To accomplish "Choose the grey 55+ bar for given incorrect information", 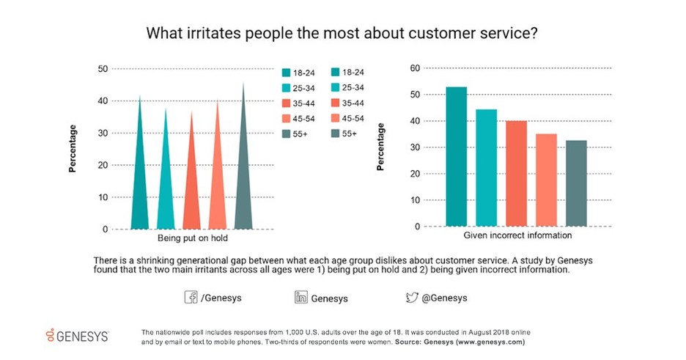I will click(x=577, y=183).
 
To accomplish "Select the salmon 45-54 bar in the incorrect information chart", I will click(x=547, y=180).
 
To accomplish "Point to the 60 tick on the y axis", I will click(x=414, y=68).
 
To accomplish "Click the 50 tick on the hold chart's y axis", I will click(x=103, y=69).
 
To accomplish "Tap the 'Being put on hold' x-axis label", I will click(x=192, y=240).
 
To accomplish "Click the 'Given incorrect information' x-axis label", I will click(x=517, y=237).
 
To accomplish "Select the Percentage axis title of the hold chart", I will click(x=73, y=149).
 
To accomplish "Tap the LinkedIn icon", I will click(x=300, y=298).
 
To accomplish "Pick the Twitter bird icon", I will click(x=412, y=298).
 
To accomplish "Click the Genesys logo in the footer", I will click(x=76, y=336).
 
